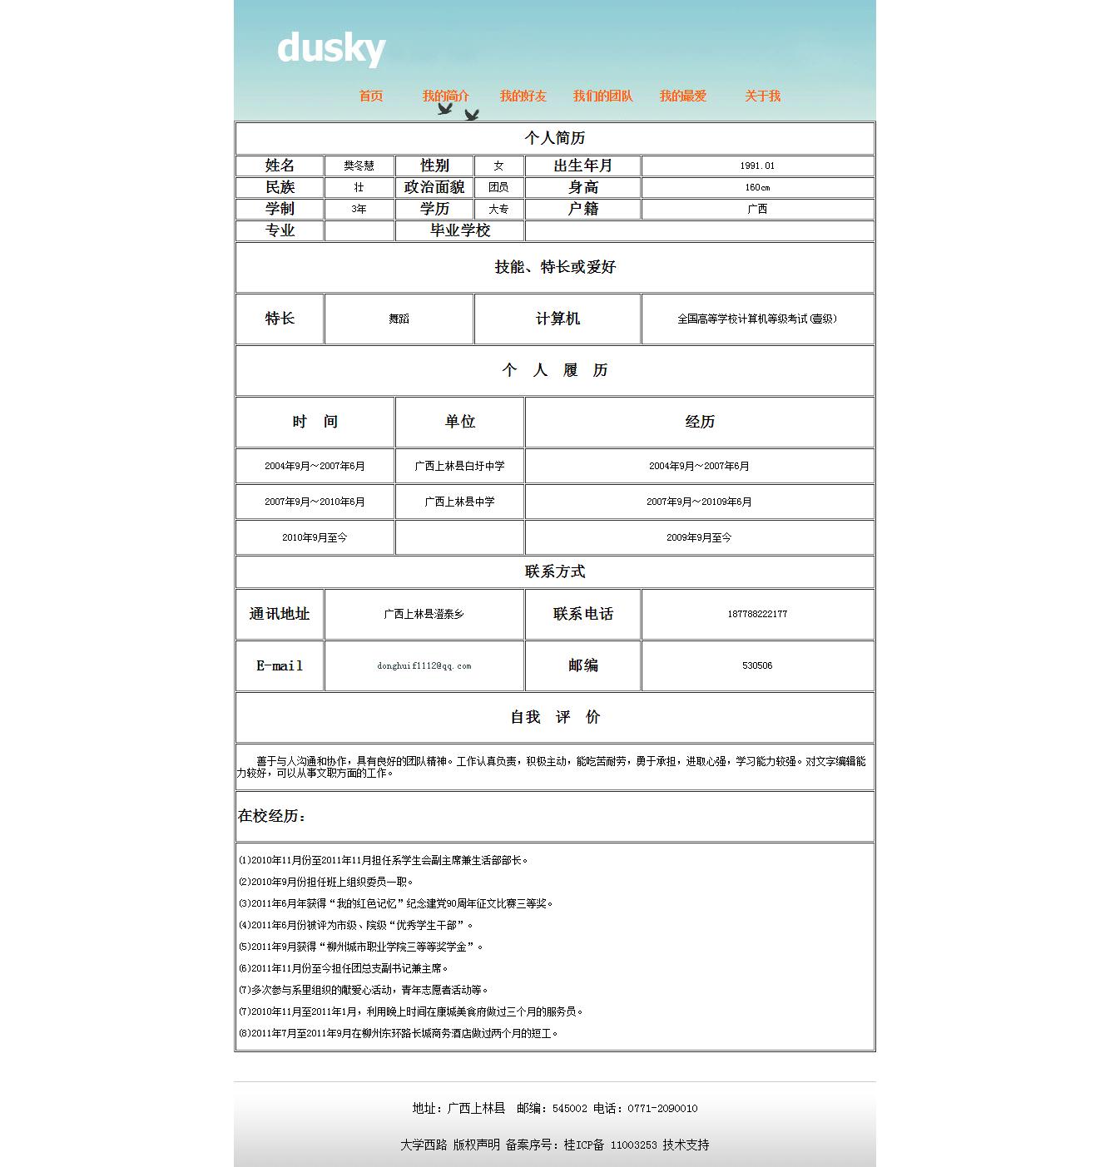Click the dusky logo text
331,47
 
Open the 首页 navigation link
371,96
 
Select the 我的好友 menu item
523,96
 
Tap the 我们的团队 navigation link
602,96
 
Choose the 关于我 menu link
762,96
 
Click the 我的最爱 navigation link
682,96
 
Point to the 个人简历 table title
555,138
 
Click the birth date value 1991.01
757,166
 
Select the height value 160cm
757,187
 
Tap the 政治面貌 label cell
434,187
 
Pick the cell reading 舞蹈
399,319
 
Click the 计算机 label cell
557,319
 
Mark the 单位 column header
459,422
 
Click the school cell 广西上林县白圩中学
459,466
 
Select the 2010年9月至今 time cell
315,537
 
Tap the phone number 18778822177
757,614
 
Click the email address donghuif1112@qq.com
424,665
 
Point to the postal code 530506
757,665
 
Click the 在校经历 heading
272,816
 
